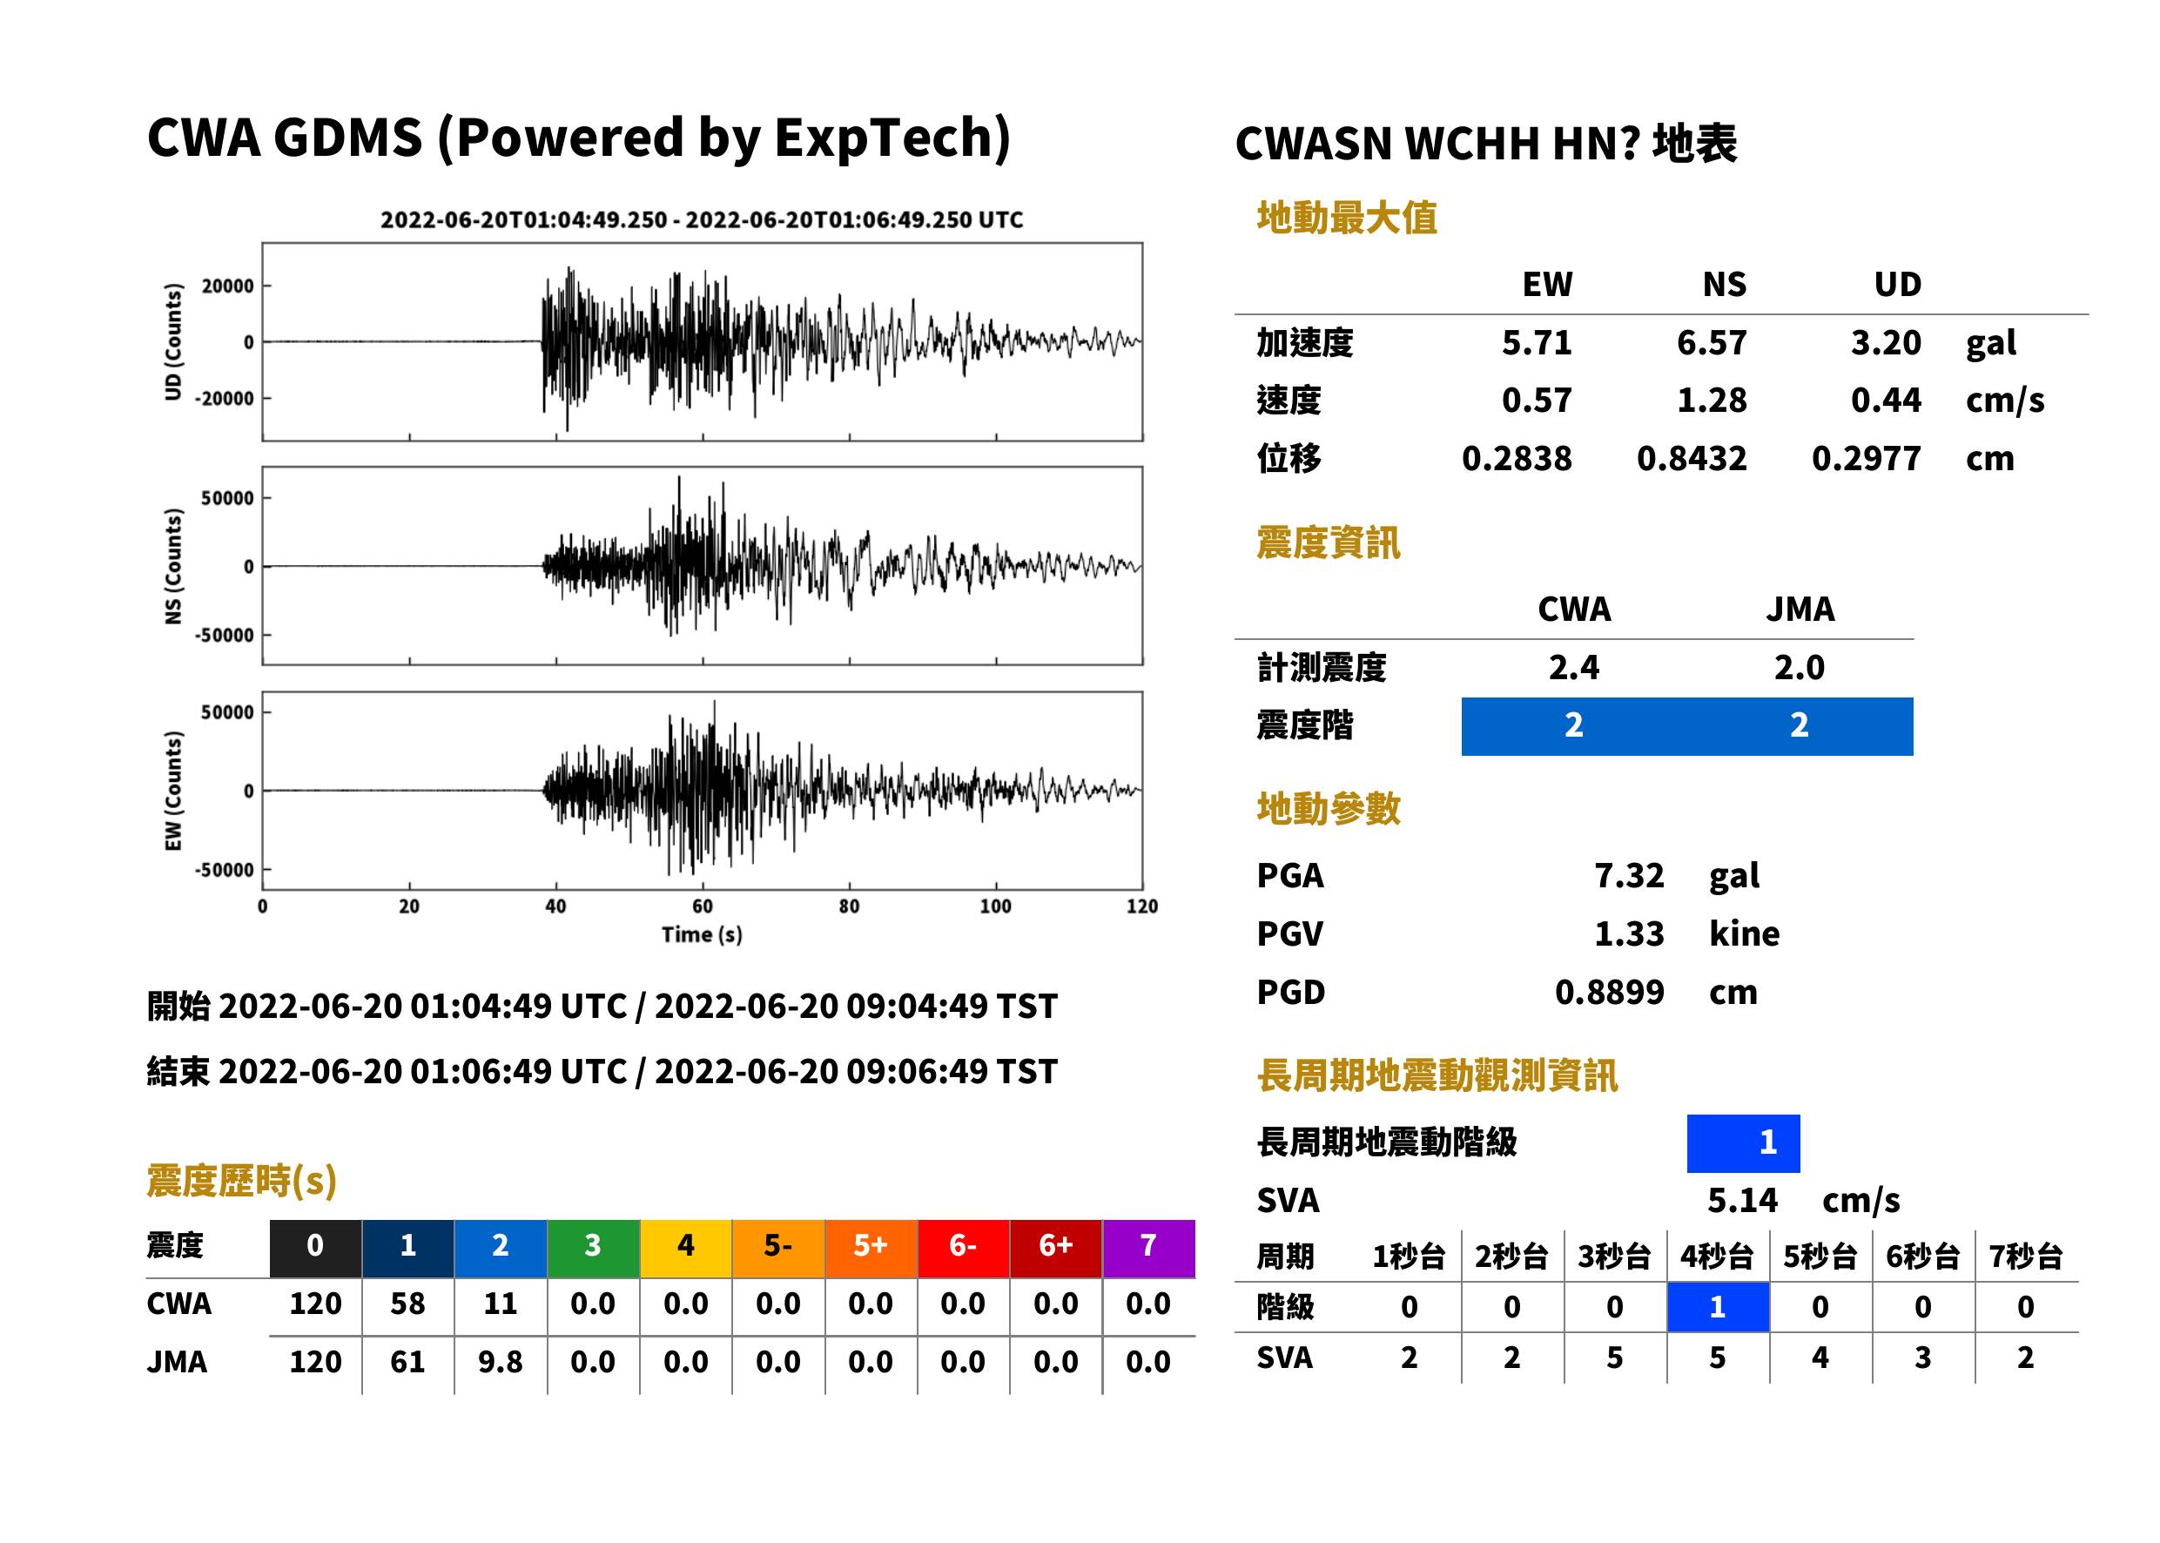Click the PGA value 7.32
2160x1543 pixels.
(1628, 875)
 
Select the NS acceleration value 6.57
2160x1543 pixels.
(1711, 342)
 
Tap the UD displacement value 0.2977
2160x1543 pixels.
(1866, 458)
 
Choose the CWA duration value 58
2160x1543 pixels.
(407, 1303)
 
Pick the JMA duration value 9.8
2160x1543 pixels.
(501, 1362)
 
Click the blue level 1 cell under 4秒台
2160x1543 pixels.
(1718, 1306)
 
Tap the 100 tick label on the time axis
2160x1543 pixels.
(995, 906)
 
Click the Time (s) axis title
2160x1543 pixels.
(702, 935)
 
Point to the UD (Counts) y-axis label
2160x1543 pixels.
(173, 342)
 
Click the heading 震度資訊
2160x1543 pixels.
(1328, 542)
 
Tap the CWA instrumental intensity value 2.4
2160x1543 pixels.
(1574, 667)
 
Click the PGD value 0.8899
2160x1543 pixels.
(1609, 992)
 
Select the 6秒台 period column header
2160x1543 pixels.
(1922, 1256)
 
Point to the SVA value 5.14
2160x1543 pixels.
(1742, 1200)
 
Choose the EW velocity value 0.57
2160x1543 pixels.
(1536, 400)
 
